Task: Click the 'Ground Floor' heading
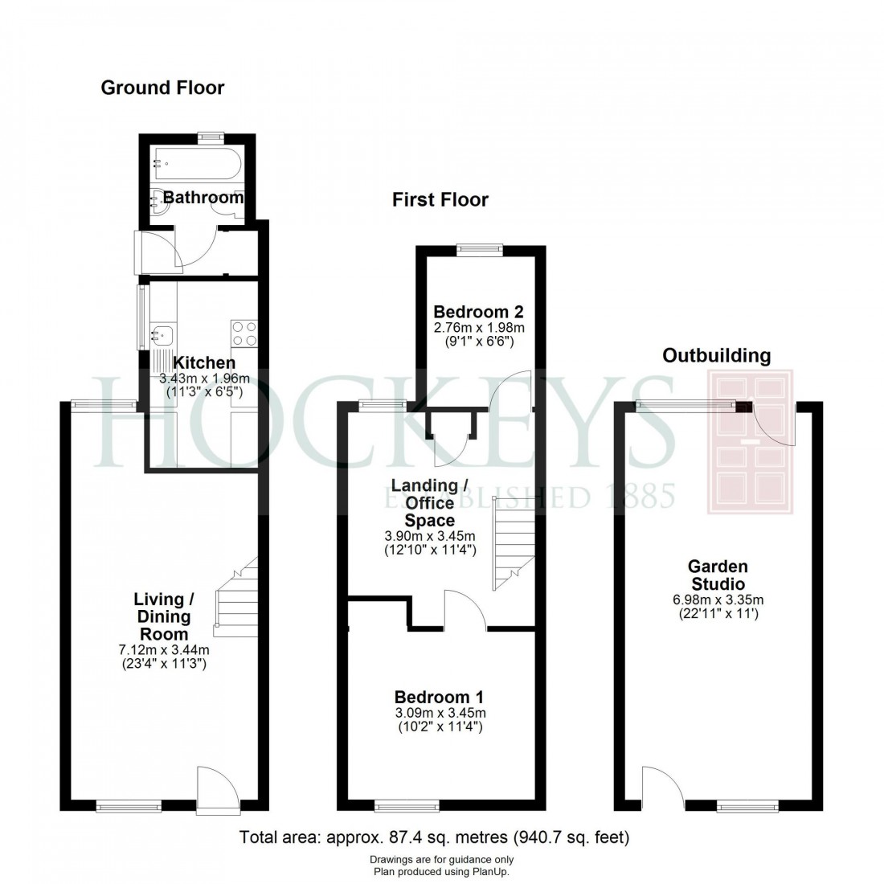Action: coord(162,88)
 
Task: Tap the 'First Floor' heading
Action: coord(440,199)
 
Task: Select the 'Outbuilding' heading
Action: coord(716,355)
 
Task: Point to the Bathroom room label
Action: coord(203,197)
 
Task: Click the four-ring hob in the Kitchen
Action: coord(244,333)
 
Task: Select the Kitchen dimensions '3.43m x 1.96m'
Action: coord(204,379)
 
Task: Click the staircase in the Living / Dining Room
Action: coord(236,599)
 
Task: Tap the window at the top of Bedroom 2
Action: coord(480,249)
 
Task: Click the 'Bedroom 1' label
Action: coord(439,697)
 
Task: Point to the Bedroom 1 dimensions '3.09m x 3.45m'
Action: coord(440,713)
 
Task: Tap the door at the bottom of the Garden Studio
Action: coord(663,788)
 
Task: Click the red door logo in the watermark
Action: coord(749,442)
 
